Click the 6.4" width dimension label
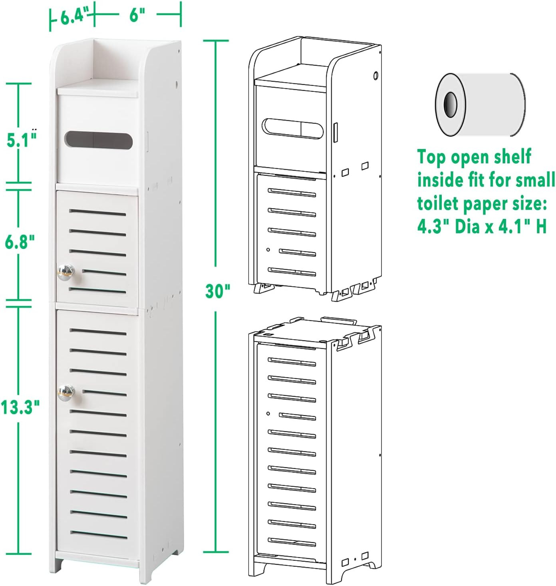click(73, 17)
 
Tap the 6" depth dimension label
click(137, 16)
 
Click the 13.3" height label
click(20, 407)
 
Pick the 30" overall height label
click(218, 290)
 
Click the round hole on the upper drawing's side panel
click(375, 75)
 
